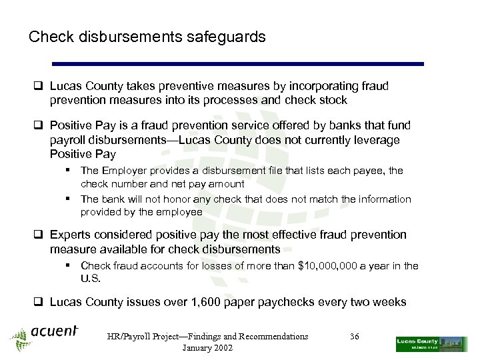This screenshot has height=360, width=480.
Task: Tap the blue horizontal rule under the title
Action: click(238, 64)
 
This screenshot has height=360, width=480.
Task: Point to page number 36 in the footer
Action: click(354, 337)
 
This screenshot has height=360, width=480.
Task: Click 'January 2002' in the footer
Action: click(207, 348)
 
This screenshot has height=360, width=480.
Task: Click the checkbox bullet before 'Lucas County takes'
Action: click(40, 87)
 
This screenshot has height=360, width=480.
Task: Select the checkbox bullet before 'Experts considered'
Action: click(40, 235)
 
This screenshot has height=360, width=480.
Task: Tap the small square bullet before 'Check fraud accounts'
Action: click(69, 266)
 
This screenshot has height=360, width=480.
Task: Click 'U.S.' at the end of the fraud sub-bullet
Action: click(91, 279)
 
